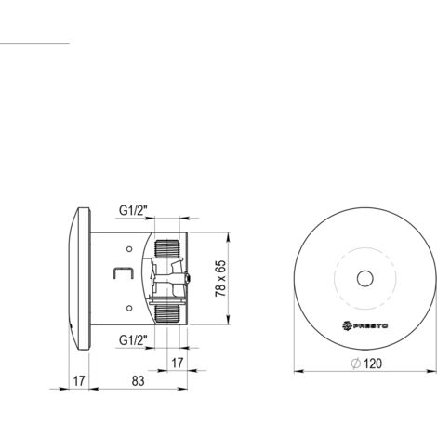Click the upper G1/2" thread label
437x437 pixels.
(133, 211)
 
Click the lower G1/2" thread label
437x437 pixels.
(133, 340)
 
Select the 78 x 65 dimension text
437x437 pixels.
(220, 279)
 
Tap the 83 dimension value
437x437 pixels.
(138, 381)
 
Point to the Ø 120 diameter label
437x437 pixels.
(366, 364)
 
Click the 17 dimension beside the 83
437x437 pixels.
(79, 381)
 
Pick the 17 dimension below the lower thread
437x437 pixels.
(178, 363)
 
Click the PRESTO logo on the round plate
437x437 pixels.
(364, 325)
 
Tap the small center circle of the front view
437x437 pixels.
(364, 278)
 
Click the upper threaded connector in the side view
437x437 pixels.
(167, 248)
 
